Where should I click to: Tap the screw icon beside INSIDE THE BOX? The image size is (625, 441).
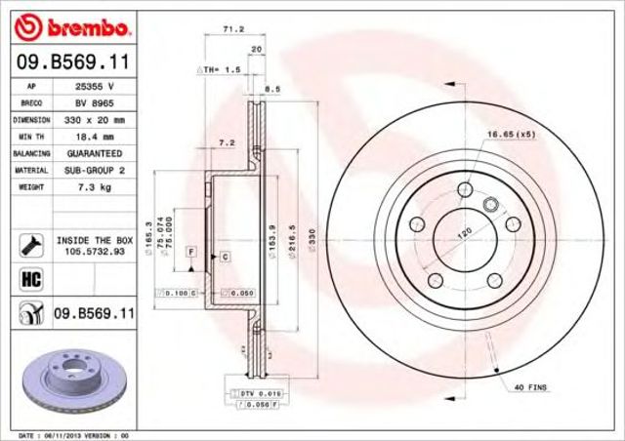(28, 243)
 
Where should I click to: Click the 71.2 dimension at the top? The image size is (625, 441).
(233, 30)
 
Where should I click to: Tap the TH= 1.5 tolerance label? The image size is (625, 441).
(220, 70)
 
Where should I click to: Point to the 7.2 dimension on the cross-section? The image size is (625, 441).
(228, 142)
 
